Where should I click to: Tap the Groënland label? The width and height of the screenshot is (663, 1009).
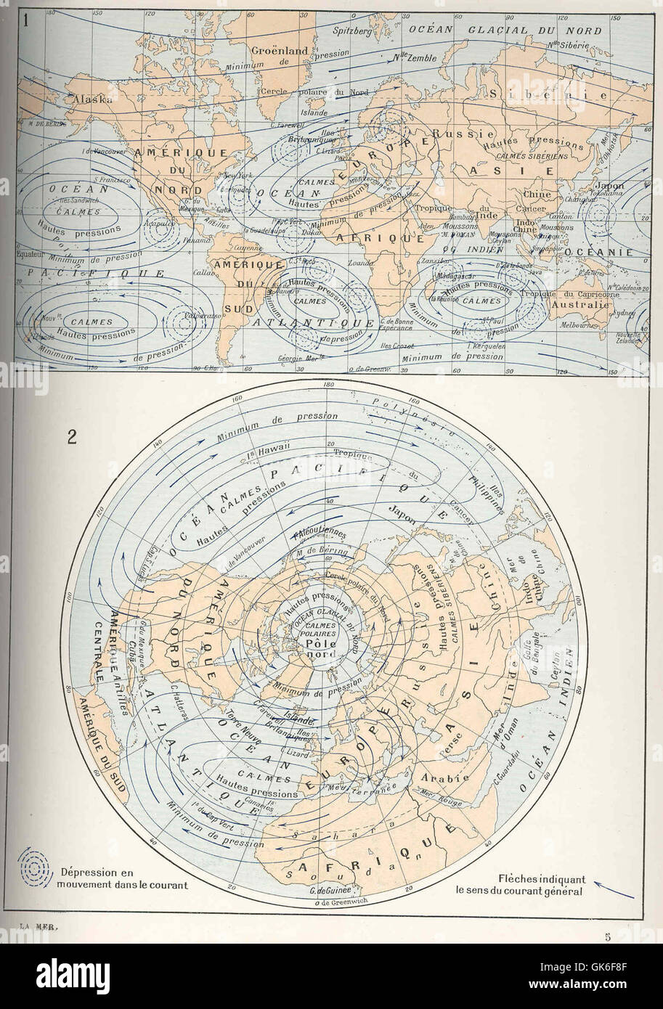pyautogui.click(x=280, y=51)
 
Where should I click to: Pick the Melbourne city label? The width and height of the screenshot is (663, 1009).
pyautogui.click(x=578, y=325)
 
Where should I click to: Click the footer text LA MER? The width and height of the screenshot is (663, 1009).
pyautogui.click(x=38, y=926)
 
